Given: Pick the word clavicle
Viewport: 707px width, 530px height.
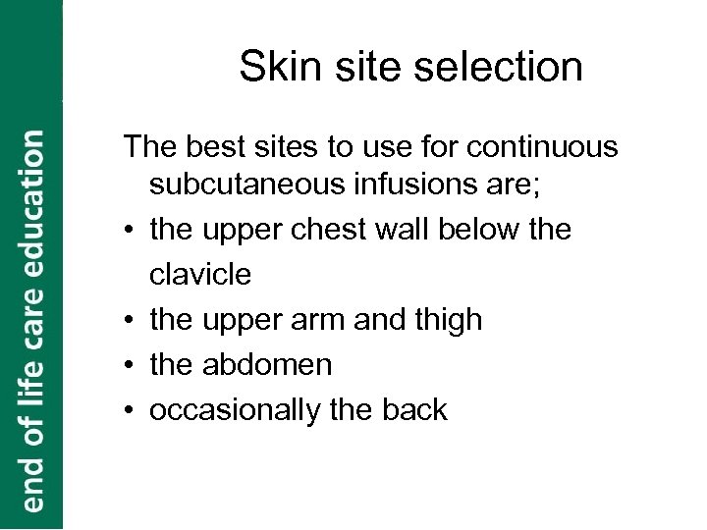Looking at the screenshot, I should [199, 276].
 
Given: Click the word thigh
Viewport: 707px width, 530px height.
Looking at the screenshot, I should [446, 320].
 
